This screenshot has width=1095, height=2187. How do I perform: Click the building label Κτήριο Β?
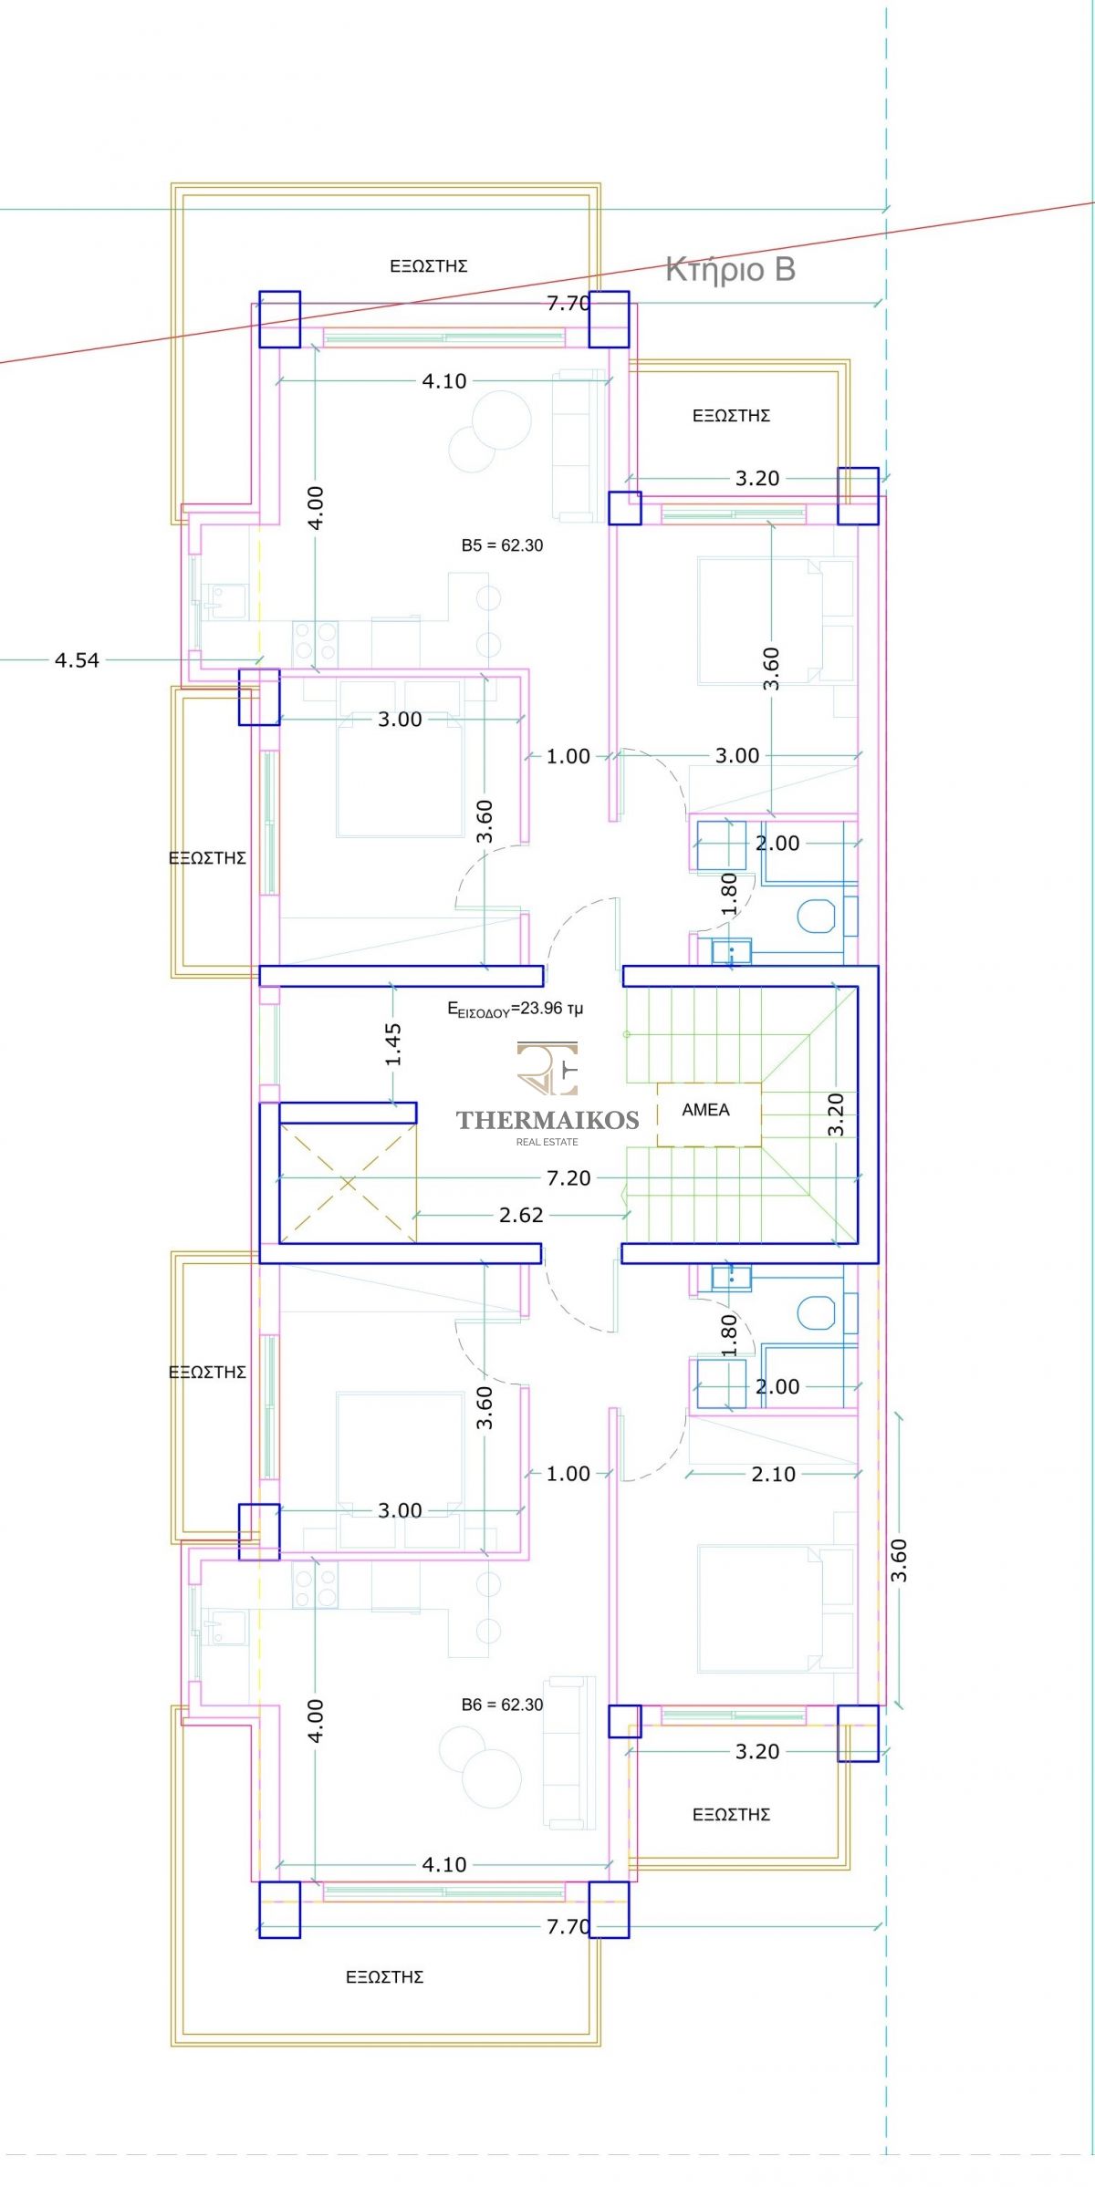coord(730,269)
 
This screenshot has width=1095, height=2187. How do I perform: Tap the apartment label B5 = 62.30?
coord(502,545)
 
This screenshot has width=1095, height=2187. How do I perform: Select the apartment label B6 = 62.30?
coord(502,1705)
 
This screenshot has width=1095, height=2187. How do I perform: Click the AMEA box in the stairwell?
coord(709,1114)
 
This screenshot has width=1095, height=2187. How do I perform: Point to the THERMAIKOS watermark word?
coord(547,1119)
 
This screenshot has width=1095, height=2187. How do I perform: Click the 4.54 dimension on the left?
coord(77,659)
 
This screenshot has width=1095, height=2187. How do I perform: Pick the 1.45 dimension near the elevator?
coord(392,1044)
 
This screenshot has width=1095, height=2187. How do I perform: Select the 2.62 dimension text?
coord(521,1215)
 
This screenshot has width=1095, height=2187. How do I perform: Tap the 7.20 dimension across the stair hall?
coord(568,1178)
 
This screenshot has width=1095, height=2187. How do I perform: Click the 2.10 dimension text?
coord(774,1474)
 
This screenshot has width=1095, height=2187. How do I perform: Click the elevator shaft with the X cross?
coord(348,1183)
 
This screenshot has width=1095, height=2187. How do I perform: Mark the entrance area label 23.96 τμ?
coord(515,1009)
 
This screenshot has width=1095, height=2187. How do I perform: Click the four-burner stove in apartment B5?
coord(315,643)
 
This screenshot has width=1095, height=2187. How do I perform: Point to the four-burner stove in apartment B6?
coord(315,1585)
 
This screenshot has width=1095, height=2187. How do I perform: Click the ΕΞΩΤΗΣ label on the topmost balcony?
coord(429,266)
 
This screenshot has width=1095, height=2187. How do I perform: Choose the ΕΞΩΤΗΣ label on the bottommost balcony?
coord(384,1977)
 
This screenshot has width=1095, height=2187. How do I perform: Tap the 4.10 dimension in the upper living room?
coord(444,381)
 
